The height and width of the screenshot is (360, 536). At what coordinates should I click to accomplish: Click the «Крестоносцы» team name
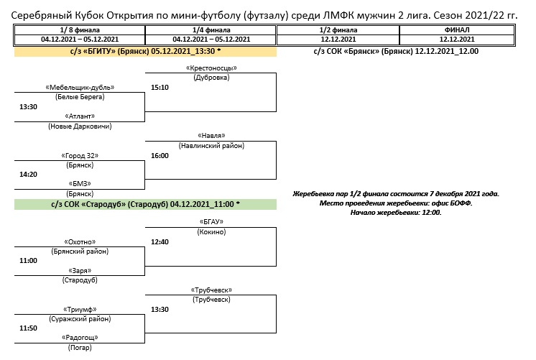tap(211, 68)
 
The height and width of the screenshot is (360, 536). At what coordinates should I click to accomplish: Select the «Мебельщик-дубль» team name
tap(80, 88)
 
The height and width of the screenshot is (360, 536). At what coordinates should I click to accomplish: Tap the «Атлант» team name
tap(80, 116)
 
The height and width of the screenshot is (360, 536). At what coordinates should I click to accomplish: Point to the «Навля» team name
tap(211, 136)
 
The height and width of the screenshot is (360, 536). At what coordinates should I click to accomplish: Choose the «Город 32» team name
tap(80, 156)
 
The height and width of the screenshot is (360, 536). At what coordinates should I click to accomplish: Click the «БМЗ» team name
tap(80, 184)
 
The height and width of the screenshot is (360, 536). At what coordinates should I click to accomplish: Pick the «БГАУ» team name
tap(211, 222)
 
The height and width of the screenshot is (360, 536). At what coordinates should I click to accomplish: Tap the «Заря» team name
tap(80, 270)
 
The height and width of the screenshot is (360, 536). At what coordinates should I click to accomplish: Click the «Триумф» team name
tap(80, 309)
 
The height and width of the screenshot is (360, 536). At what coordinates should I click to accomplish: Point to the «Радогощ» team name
tap(80, 337)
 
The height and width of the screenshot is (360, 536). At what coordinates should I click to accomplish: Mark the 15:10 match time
tap(160, 87)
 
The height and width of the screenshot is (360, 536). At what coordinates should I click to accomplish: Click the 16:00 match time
tap(160, 155)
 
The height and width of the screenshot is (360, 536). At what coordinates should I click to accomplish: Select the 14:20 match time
tap(28, 174)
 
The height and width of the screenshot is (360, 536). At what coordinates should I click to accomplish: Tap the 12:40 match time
tap(160, 241)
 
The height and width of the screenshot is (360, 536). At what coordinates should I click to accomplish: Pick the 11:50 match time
tap(28, 328)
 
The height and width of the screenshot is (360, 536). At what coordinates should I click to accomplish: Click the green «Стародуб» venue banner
tap(145, 204)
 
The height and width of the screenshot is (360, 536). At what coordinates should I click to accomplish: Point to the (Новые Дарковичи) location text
tap(80, 126)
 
